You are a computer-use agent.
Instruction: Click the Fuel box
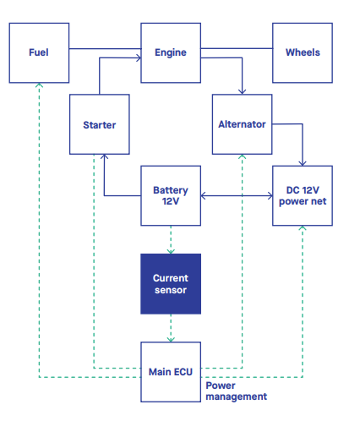(x=39, y=52)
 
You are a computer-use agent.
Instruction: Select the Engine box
(x=171, y=52)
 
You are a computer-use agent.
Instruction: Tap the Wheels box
(x=303, y=52)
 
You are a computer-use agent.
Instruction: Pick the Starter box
(x=100, y=125)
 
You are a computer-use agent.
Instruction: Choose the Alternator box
(x=242, y=125)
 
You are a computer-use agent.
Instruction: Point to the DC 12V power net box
(x=303, y=196)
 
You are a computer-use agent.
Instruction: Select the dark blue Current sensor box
(x=171, y=284)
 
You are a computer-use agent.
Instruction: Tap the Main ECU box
(x=171, y=372)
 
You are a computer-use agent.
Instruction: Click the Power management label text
(x=237, y=391)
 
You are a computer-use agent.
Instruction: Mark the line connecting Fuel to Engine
(x=104, y=50)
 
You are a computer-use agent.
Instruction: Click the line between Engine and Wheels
(x=237, y=50)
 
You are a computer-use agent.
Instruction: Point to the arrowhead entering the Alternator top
(x=242, y=92)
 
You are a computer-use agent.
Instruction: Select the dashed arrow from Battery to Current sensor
(x=171, y=239)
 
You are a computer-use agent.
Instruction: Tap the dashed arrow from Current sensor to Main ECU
(x=171, y=328)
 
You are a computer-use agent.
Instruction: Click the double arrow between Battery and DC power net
(x=237, y=196)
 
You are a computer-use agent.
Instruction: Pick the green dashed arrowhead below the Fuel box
(x=39, y=85)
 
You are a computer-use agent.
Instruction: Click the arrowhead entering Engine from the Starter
(x=137, y=58)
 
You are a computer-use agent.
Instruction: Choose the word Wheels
(x=303, y=52)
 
